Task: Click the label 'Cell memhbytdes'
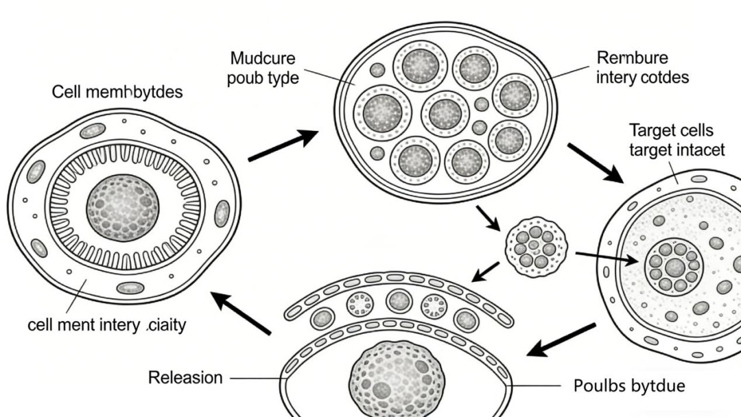117,92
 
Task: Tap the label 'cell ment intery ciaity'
106,324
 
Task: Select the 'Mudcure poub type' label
263,67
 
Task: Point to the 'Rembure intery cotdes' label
642,67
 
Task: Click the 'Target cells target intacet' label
676,140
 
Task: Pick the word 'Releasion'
185,377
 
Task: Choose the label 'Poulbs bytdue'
628,385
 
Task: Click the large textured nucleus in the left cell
123,208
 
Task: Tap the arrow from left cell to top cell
283,146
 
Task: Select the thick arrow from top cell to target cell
594,163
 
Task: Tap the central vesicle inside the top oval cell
445,113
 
